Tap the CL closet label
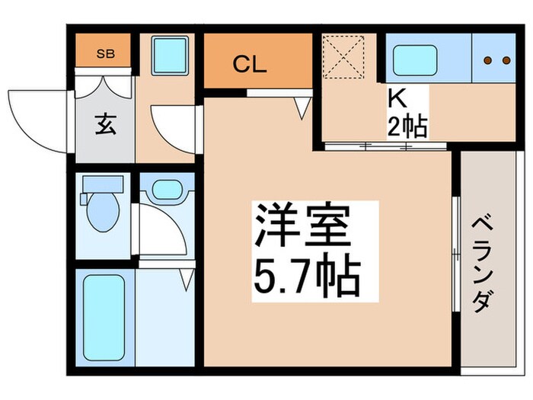pos(249,65)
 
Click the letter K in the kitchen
pos(397,99)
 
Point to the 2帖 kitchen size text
pos(407,126)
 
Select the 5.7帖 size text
pos(304,277)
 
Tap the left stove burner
pos(488,61)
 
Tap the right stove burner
pos(504,61)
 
